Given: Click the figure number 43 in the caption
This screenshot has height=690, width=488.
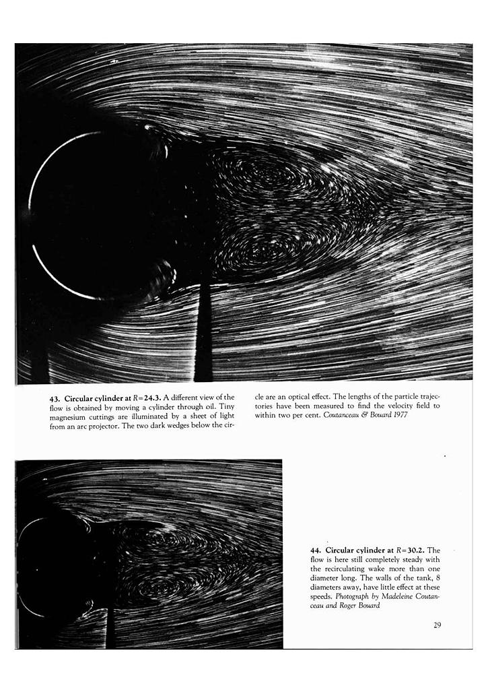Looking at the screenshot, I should (55, 398).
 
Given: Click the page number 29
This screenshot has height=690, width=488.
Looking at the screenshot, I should (437, 625).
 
